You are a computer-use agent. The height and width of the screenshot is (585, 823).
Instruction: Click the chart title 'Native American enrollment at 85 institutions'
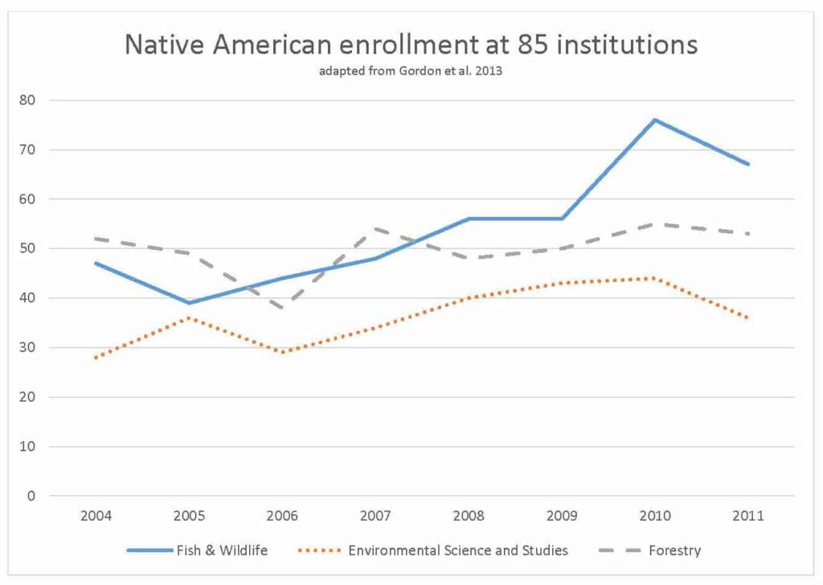click(x=411, y=45)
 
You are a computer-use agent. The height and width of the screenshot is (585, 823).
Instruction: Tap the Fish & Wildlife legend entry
click(x=197, y=550)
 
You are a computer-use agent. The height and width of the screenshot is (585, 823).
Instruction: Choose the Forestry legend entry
click(x=650, y=550)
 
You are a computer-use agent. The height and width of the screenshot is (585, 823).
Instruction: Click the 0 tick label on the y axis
click(x=31, y=496)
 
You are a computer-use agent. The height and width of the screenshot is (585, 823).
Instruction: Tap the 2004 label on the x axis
click(x=96, y=514)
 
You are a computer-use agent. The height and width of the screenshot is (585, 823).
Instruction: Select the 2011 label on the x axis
click(x=748, y=514)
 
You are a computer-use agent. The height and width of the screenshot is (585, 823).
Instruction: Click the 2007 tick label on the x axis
click(x=375, y=514)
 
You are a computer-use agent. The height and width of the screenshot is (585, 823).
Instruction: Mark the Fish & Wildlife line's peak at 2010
click(x=655, y=120)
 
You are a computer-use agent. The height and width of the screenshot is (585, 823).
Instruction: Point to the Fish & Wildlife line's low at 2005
click(x=189, y=303)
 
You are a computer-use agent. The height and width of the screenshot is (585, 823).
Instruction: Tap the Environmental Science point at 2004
click(x=96, y=358)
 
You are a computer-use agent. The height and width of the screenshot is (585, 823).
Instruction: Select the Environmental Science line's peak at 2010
click(x=655, y=278)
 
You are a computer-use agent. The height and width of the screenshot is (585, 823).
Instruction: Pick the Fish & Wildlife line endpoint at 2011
click(x=748, y=164)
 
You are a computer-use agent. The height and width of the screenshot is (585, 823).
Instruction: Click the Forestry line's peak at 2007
click(x=375, y=229)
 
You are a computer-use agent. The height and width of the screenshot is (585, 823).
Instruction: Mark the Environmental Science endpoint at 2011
click(x=748, y=317)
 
